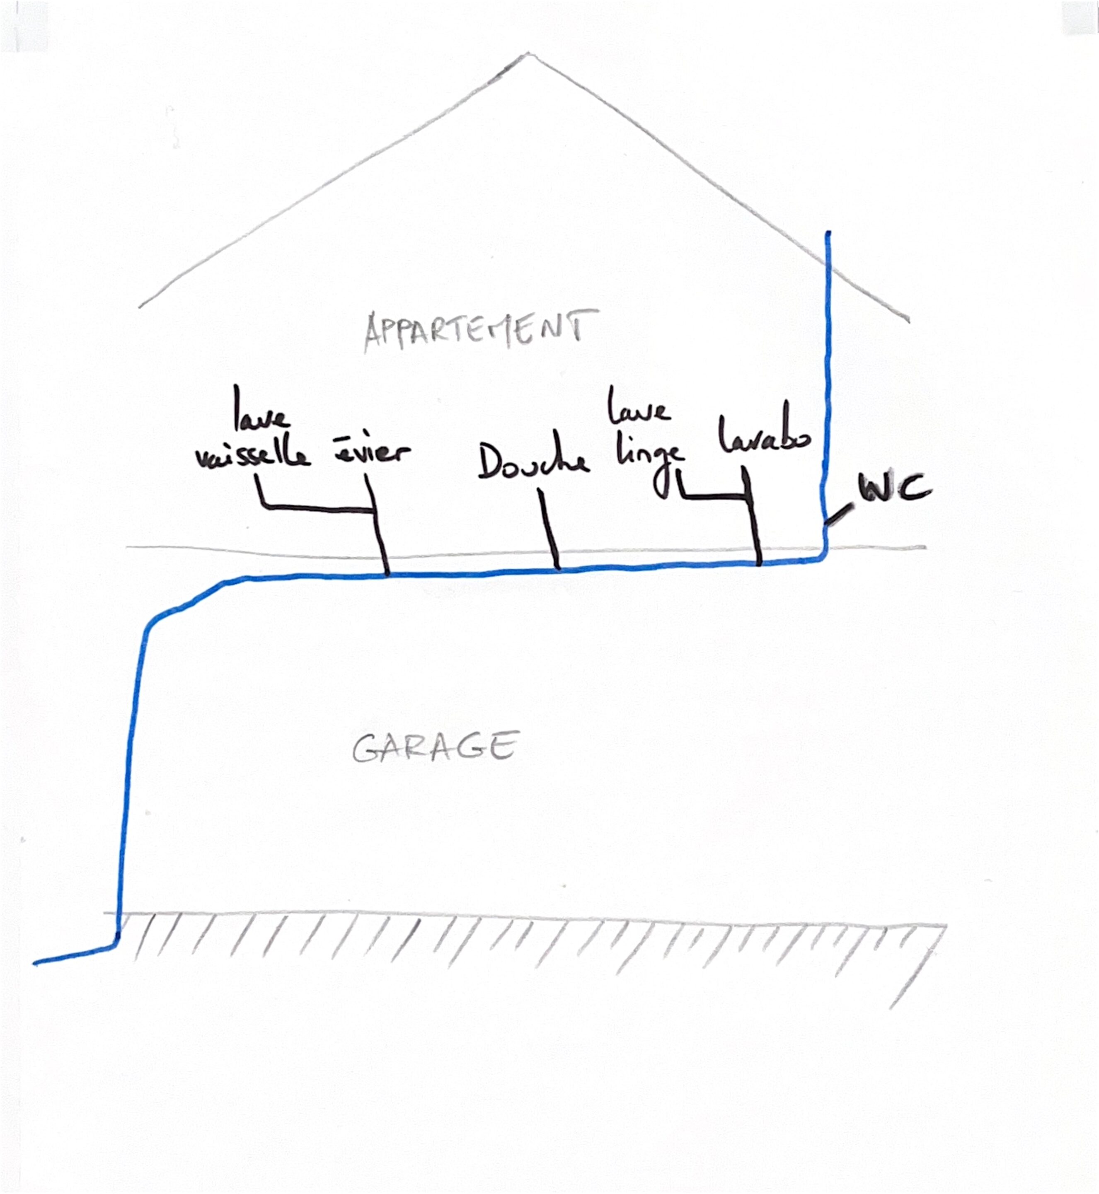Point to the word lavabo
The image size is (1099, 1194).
coord(765,436)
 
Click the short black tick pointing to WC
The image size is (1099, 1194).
coord(838,514)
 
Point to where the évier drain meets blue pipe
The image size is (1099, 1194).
coord(387,574)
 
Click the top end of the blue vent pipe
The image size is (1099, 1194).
coord(827,234)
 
